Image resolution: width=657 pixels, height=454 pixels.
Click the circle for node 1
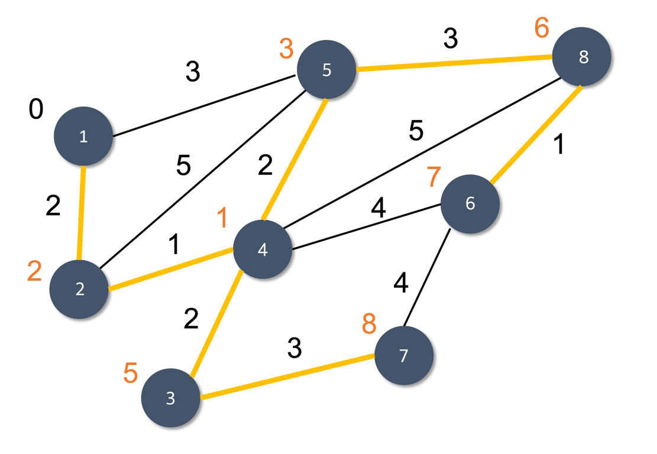pos(83,137)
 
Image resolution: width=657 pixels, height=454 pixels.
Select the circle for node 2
pos(80,290)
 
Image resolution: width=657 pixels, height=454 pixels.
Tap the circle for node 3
pos(170,398)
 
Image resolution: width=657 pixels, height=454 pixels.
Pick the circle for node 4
pos(263,249)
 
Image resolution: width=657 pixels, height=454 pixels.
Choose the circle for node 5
pos(326,70)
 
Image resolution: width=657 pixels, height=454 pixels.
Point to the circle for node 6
pos(470,204)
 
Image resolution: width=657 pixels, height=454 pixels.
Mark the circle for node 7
pos(404,356)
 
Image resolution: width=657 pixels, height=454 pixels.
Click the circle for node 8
pos(582,57)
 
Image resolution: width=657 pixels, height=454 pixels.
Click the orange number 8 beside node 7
pos(369,324)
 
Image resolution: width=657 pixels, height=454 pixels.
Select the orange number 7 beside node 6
pos(433,176)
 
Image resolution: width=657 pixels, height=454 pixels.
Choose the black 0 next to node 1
pos(36,110)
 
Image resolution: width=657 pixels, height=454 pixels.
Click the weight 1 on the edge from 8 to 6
pos(556,145)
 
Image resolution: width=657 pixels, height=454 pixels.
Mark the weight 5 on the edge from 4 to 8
pos(416,131)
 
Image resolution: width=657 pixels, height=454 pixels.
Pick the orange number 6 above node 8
pos(542,28)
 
